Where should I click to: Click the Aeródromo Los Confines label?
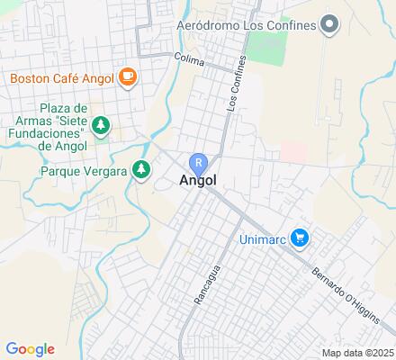tap(247, 24)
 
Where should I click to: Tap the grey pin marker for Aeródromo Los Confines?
tap(329, 24)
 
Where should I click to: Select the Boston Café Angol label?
tap(62, 77)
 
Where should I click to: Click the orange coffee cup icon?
tap(126, 77)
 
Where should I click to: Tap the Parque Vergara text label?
tap(84, 170)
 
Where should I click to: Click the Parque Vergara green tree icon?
tap(140, 169)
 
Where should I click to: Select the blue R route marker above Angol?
tap(198, 163)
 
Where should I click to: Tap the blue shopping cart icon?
tap(300, 238)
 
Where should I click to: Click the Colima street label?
tap(191, 63)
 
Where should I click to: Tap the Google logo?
tap(30, 349)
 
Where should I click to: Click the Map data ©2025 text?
tap(358, 352)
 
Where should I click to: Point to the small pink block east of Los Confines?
tap(292, 149)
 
